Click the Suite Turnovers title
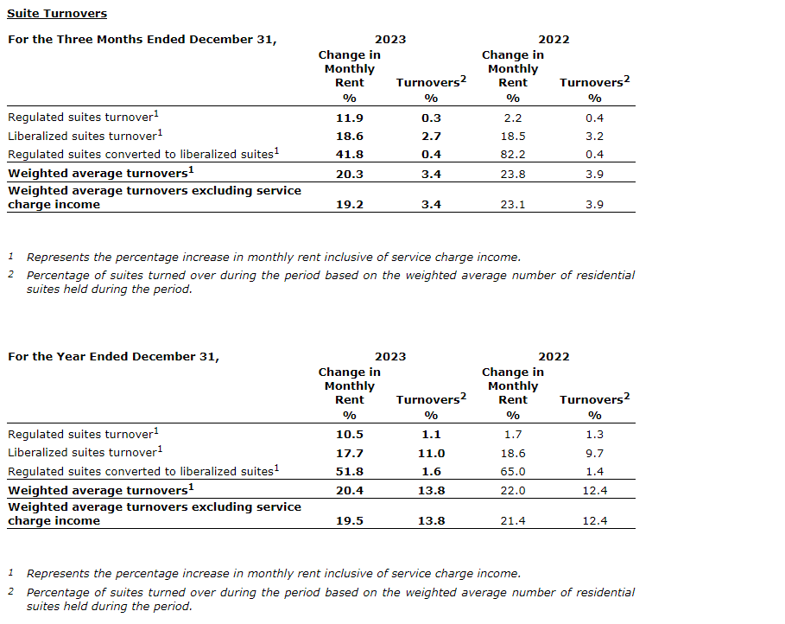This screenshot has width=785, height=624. [x=57, y=14]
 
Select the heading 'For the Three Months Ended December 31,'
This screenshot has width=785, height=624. [x=142, y=40]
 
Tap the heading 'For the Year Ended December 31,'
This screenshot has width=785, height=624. [x=113, y=357]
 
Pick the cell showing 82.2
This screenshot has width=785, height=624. [x=513, y=155]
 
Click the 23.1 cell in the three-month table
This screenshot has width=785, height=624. [x=513, y=205]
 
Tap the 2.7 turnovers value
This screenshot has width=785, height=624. [x=431, y=137]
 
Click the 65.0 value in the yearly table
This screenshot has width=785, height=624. [x=513, y=472]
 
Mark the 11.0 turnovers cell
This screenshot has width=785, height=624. [x=431, y=453]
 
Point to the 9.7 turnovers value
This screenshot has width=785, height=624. [x=594, y=453]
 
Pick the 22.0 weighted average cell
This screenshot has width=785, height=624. [x=513, y=491]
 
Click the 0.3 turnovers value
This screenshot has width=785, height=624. [x=431, y=118]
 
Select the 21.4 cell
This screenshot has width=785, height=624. [x=513, y=521]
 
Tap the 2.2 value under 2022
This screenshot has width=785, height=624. [x=513, y=118]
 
